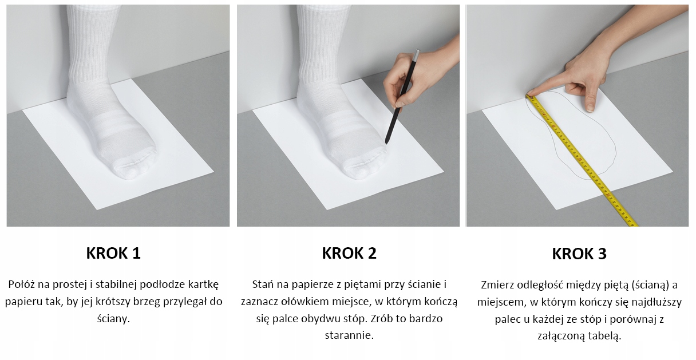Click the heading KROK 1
pyautogui.click(x=113, y=253)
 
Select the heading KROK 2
pyautogui.click(x=349, y=253)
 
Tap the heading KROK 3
pyautogui.click(x=579, y=254)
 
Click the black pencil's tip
pyautogui.click(x=386, y=143)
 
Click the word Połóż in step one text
pyautogui.click(x=21, y=284)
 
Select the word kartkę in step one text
pyautogui.click(x=203, y=284)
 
